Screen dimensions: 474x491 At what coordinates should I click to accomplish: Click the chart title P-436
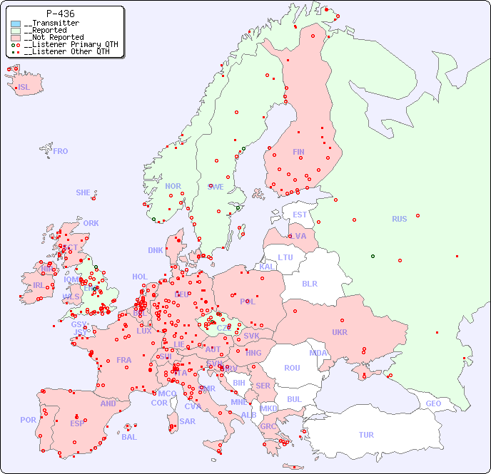pos(60,14)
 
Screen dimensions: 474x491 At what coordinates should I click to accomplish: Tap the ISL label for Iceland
pos(24,88)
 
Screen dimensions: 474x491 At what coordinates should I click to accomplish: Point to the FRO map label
pos(61,151)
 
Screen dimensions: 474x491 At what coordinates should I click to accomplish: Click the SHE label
pos(83,192)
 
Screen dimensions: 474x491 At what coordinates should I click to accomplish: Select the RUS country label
pos(399,219)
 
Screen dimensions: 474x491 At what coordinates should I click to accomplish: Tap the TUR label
pos(366,435)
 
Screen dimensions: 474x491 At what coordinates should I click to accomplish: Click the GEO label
pos(433,403)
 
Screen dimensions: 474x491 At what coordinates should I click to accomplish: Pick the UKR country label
pos(340,332)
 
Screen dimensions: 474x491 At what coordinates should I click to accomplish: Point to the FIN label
pos(298,152)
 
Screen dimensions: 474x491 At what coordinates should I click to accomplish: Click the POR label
pos(28,420)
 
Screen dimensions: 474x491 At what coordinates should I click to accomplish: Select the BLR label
pos(309,283)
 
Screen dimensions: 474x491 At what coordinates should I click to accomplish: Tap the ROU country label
pos(292,368)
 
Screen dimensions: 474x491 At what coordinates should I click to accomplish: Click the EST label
pos(300,215)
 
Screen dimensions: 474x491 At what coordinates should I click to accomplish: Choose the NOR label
pos(173,186)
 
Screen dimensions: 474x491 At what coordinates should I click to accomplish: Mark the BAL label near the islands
pos(128,437)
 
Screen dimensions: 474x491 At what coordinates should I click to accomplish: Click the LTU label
pos(285,257)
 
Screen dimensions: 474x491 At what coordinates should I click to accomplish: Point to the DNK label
pos(156,250)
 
